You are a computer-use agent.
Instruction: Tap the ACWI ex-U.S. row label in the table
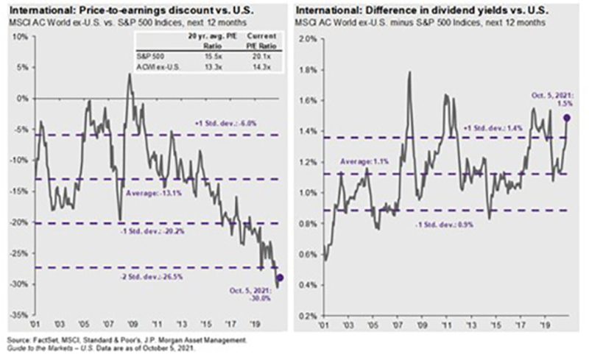[155, 66]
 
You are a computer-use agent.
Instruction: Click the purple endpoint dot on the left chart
[280, 278]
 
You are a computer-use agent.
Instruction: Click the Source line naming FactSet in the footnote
[125, 340]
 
